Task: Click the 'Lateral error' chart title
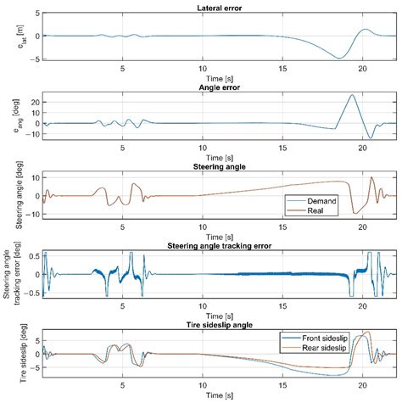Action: coord(220,8)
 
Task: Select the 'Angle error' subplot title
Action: coord(220,87)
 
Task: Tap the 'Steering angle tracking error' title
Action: coord(220,246)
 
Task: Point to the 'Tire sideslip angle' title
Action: coord(220,325)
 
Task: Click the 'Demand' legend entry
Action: coord(321,201)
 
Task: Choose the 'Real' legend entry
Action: coord(315,210)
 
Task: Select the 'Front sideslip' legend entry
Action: coord(325,338)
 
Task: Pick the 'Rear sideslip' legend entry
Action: coord(324,348)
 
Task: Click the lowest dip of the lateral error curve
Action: coord(339,59)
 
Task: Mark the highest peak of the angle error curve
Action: coord(352,95)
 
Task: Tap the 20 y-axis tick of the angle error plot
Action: coord(36,102)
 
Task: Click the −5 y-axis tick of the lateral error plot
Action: coord(35,59)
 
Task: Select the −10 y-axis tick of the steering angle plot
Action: coord(33,214)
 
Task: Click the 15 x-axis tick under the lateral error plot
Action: coord(282,69)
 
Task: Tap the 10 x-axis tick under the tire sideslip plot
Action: coord(203,385)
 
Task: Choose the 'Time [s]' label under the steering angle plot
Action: coord(220,237)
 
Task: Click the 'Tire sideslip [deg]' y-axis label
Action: coord(23,354)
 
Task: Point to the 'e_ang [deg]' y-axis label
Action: coord(18,115)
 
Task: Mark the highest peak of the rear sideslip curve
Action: coord(367,332)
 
